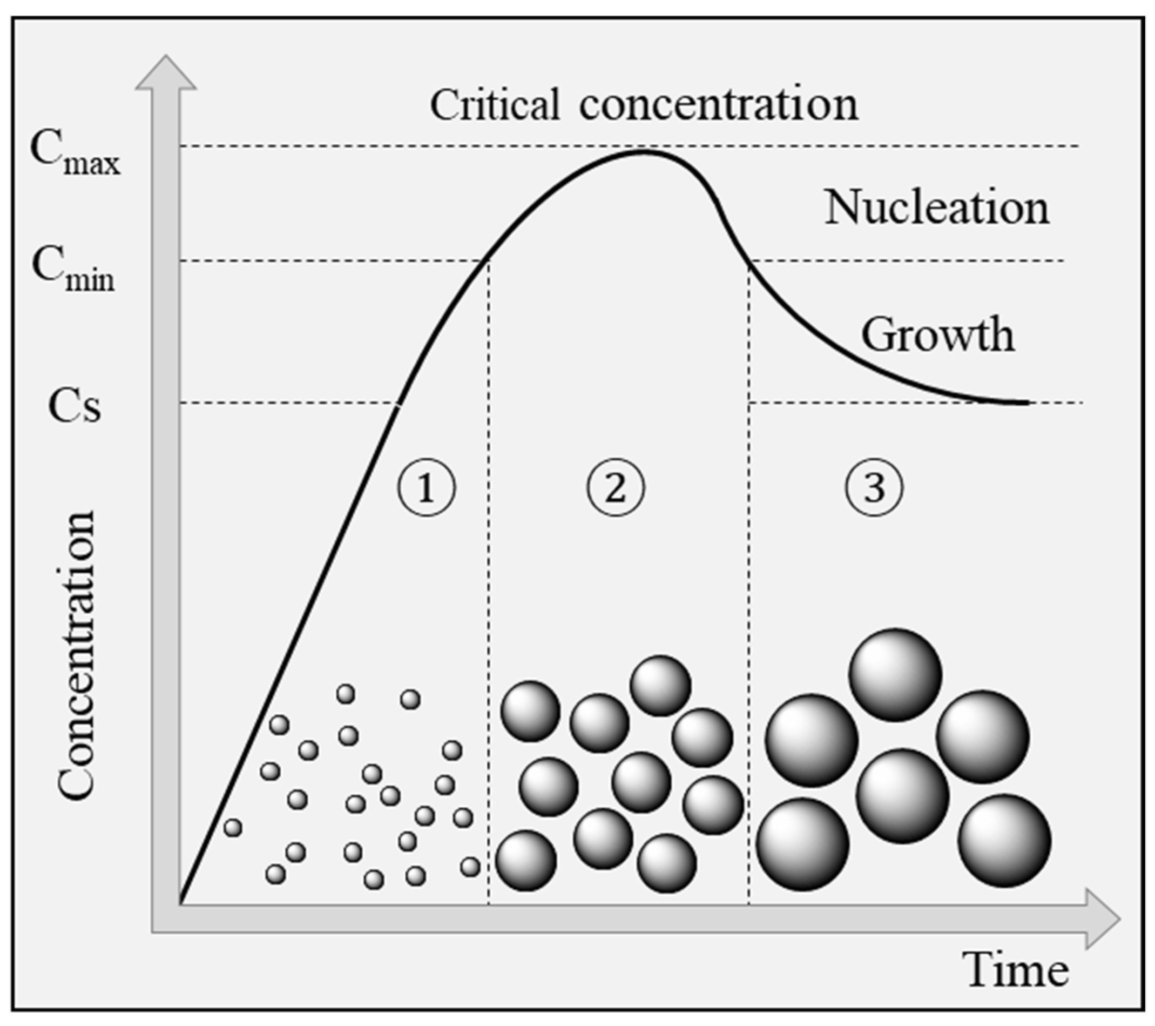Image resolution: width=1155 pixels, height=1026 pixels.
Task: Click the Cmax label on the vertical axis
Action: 75,154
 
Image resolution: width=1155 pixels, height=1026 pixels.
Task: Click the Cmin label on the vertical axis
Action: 73,270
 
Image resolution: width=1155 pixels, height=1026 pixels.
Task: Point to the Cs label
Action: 74,406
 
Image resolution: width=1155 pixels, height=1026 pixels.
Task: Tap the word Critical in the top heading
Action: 495,105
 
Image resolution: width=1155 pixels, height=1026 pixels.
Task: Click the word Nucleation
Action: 937,208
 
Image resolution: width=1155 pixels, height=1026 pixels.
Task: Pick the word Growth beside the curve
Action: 937,334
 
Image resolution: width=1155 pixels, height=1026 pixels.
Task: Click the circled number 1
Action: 426,488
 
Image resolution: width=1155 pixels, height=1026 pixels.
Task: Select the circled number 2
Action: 616,488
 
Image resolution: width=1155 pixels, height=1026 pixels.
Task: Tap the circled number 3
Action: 874,488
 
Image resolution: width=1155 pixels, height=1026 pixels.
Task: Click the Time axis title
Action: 1018,969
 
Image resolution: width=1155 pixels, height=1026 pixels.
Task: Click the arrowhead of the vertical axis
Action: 166,73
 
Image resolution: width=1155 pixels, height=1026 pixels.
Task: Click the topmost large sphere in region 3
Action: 895,674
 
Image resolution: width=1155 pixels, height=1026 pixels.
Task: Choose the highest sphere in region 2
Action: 660,685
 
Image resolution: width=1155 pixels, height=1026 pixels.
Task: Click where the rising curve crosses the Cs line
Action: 398,404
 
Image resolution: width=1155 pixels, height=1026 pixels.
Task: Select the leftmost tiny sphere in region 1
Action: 233,828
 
